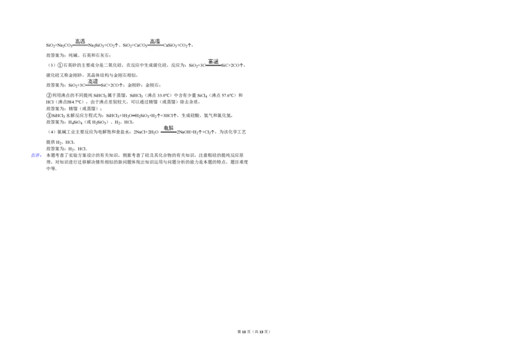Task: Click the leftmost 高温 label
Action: pyautogui.click(x=80, y=41)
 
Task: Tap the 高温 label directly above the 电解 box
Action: pyautogui.click(x=155, y=41)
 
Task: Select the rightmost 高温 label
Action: pyautogui.click(x=214, y=61)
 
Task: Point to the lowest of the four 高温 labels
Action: pyautogui.click(x=93, y=81)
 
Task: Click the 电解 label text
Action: pyautogui.click(x=168, y=127)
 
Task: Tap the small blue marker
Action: pyautogui.click(x=36, y=155)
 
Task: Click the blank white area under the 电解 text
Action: pyautogui.click(x=168, y=137)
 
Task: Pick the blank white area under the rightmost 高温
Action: pyautogui.click(x=214, y=71)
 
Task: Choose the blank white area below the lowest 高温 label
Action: pyautogui.click(x=93, y=89)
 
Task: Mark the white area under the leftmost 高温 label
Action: pyautogui.click(x=80, y=49)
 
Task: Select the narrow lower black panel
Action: pyautogui.click(x=150, y=160)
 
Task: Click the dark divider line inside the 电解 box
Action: pyautogui.click(x=168, y=132)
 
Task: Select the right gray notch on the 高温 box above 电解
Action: pyautogui.click(x=165, y=46)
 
